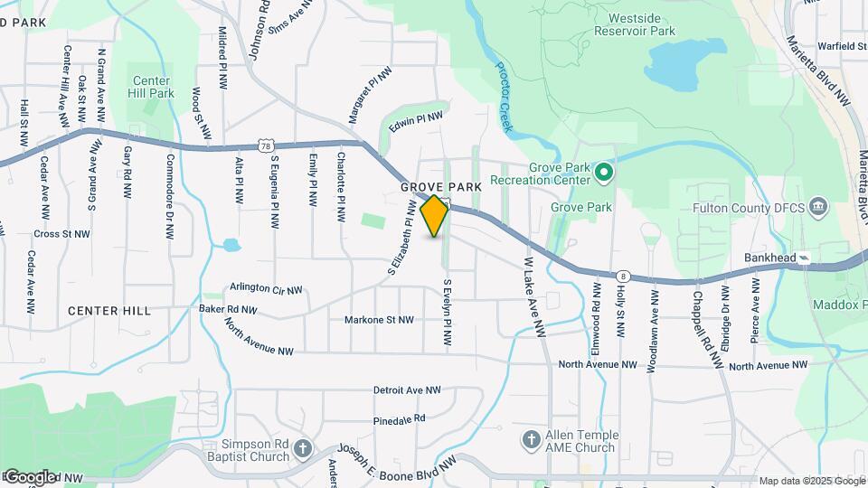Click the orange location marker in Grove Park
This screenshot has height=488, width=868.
click(x=435, y=215)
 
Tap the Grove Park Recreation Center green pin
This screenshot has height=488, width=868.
click(x=605, y=171)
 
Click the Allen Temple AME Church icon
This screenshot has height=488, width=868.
click(x=532, y=440)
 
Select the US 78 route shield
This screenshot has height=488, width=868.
click(x=264, y=145)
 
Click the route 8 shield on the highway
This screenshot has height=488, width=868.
click(x=623, y=276)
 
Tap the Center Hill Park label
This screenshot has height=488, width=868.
click(x=152, y=87)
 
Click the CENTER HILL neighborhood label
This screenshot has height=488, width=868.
click(x=109, y=311)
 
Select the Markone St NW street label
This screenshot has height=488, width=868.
click(x=379, y=320)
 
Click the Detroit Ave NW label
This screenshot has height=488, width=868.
click(x=407, y=390)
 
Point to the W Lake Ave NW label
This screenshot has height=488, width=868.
click(x=533, y=297)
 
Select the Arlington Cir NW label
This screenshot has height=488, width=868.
click(x=265, y=288)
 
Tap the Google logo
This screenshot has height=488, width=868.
click(x=30, y=476)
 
